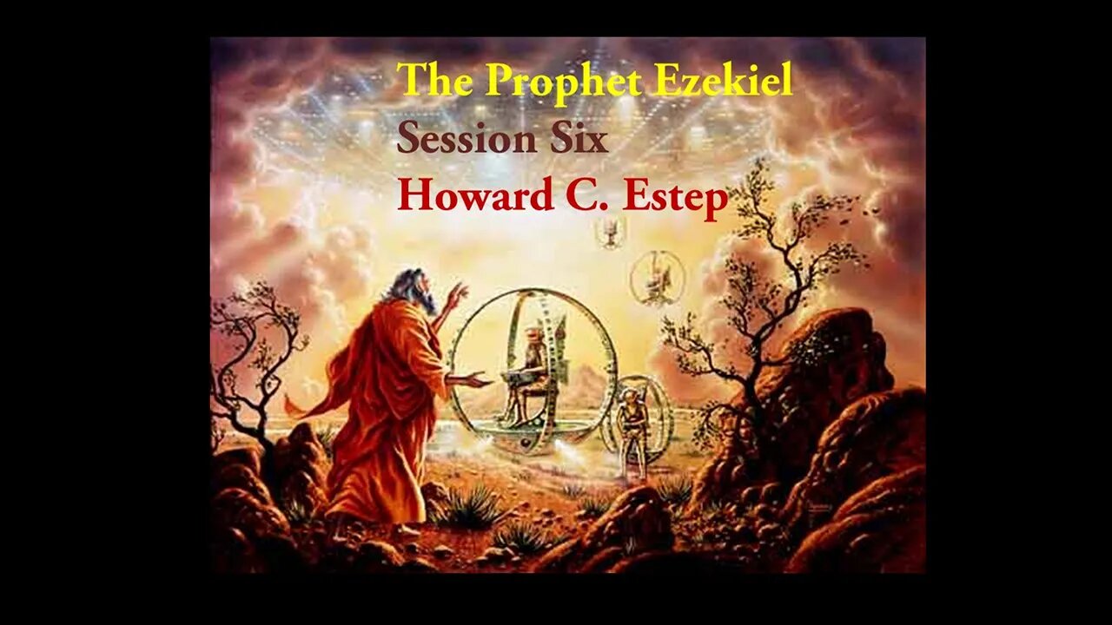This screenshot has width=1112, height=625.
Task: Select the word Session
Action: [463, 139]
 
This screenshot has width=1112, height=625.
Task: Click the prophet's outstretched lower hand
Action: [476, 379]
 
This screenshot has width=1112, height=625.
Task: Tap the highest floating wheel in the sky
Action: [611, 230]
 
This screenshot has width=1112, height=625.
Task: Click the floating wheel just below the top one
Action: [658, 278]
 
